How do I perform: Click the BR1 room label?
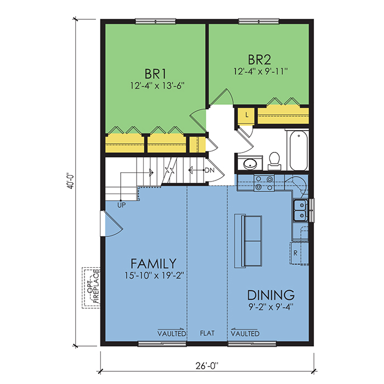tap(155, 74)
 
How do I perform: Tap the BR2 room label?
tap(259, 59)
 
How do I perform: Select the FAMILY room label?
tap(154, 264)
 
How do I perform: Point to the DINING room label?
tap(271, 295)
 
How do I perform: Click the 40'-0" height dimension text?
tap(71, 181)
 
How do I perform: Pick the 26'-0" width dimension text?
tap(207, 366)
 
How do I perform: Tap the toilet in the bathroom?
tap(274, 161)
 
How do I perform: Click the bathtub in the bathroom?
tap(299, 150)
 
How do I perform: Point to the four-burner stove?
tap(264, 183)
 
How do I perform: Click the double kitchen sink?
tap(300, 210)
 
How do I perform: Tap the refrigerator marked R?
tap(299, 253)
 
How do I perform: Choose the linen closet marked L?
tap(247, 115)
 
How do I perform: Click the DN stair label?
tap(210, 170)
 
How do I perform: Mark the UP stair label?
tap(121, 205)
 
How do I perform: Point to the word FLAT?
tap(207, 333)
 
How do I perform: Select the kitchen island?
tap(249, 241)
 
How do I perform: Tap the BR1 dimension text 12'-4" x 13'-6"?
tap(157, 86)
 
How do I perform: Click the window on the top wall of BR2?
tap(259, 21)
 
